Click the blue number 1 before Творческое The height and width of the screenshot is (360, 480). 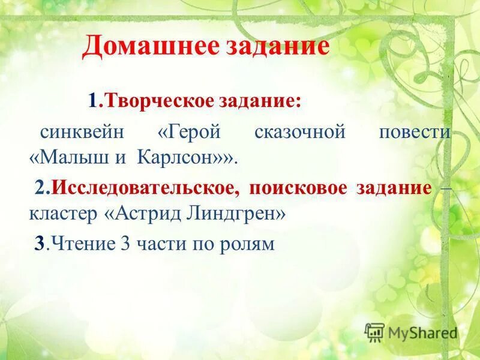[x=93, y=101]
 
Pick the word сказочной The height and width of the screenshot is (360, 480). [x=300, y=132]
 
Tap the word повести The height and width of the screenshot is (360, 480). [x=414, y=132]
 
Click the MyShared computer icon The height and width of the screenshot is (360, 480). [x=374, y=332]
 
